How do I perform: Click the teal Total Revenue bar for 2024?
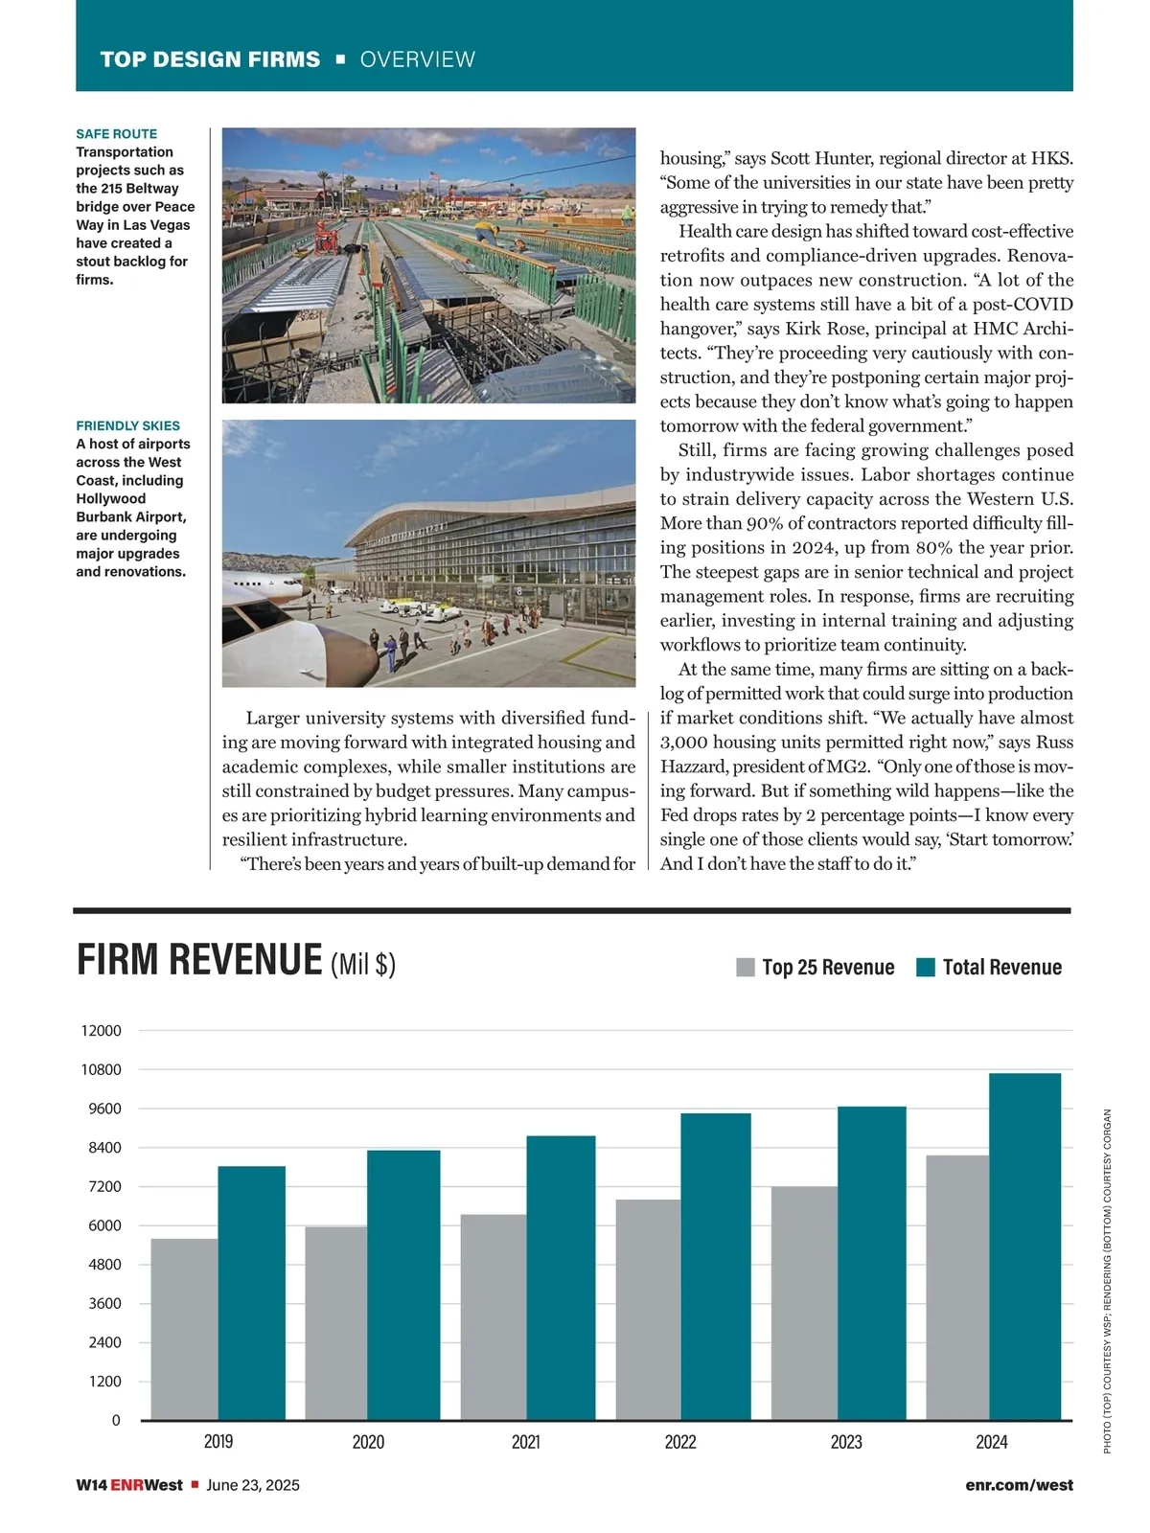pyautogui.click(x=1024, y=1246)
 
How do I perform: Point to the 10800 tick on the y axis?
pyautogui.click(x=101, y=1069)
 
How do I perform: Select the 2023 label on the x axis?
pyautogui.click(x=846, y=1442)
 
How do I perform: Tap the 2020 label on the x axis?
pyautogui.click(x=368, y=1442)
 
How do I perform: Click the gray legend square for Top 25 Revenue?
pyautogui.click(x=746, y=968)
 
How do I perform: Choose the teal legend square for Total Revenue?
pyautogui.click(x=926, y=968)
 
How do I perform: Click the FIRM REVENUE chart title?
pyautogui.click(x=199, y=960)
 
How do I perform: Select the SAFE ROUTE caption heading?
pyautogui.click(x=116, y=134)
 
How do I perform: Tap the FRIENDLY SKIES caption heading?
pyautogui.click(x=127, y=425)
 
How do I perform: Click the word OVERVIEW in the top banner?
pyautogui.click(x=417, y=59)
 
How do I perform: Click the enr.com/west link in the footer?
pyautogui.click(x=1020, y=1485)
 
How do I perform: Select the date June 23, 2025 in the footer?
pyautogui.click(x=253, y=1485)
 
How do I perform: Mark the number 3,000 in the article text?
pyautogui.click(x=683, y=743)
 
